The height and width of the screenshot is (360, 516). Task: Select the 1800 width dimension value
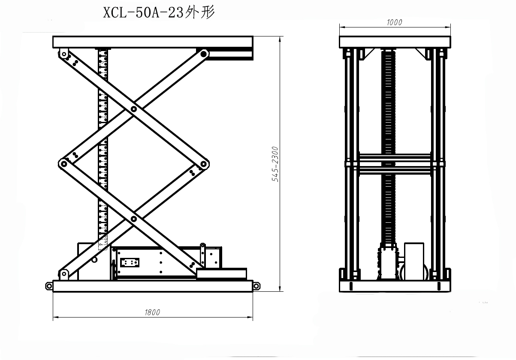152,312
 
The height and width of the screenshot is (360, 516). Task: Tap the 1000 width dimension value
394,23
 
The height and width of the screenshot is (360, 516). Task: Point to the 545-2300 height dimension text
275,164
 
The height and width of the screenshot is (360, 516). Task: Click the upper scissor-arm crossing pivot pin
134,109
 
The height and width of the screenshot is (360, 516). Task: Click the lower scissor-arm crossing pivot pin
134,219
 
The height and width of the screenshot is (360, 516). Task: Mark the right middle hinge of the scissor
204,163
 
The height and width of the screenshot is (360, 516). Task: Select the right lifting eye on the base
256,285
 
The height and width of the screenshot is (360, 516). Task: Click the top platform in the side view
152,42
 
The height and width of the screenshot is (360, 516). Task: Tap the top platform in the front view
395,42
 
